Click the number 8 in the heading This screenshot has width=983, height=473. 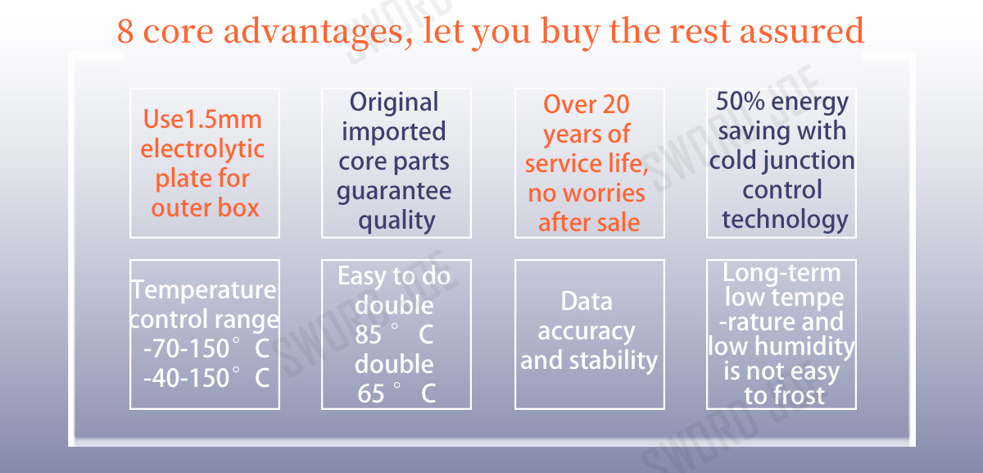pos(125,31)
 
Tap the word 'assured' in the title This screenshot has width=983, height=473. pos(802,31)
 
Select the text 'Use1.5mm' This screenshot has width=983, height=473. pos(202,119)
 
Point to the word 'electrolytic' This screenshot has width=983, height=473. pos(202,149)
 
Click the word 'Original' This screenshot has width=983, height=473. pos(394,102)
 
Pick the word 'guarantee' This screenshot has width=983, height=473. pos(394,192)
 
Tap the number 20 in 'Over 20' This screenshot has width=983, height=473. pos(616,105)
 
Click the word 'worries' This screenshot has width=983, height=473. pos(608,193)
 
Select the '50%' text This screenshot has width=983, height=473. pos(741,102)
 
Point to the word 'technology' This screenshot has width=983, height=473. pos(785,220)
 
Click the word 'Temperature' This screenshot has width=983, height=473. pos(204,290)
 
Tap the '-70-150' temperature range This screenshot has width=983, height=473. pos(187,348)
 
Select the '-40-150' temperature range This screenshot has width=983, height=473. pos(187,378)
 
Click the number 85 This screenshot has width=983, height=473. pos(368,334)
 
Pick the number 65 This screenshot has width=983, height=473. pos(371,393)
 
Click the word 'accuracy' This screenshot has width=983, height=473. pos(587,331)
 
